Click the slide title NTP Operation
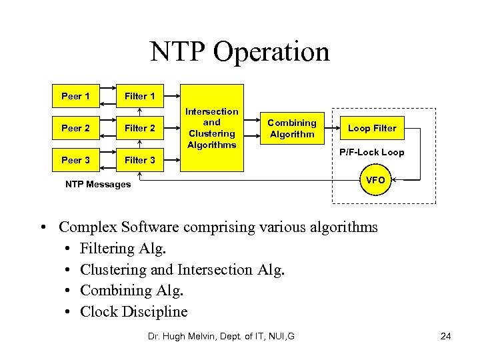239,51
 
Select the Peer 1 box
75,96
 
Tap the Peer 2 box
75,128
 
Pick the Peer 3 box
75,160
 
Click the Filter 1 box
139,96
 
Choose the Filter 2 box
139,128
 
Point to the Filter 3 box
139,160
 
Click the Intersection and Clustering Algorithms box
212,128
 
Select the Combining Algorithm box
291,128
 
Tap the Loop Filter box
372,128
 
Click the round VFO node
375,180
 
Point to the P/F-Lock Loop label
371,153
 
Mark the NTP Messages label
98,184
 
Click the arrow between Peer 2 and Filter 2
107,128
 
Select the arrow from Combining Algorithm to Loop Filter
331,128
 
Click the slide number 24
445,336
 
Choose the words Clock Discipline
133,311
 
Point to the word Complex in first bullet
83,227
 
